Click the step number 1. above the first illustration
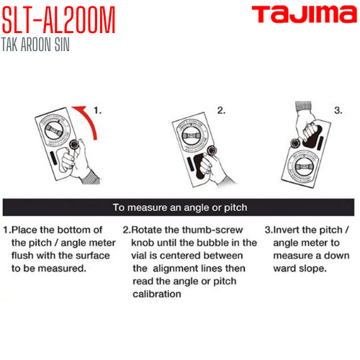99,112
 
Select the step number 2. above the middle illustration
222,112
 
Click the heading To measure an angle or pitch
180,208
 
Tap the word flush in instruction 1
24,256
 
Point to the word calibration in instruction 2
156,294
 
